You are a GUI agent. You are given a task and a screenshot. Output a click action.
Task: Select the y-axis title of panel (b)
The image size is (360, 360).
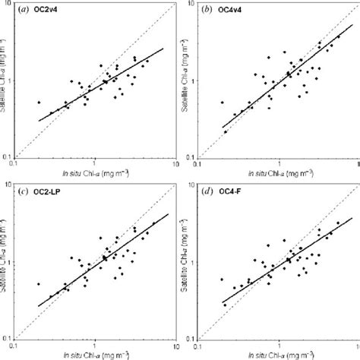tap(187, 84)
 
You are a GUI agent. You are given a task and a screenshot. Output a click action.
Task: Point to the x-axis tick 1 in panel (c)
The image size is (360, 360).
tap(94, 343)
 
